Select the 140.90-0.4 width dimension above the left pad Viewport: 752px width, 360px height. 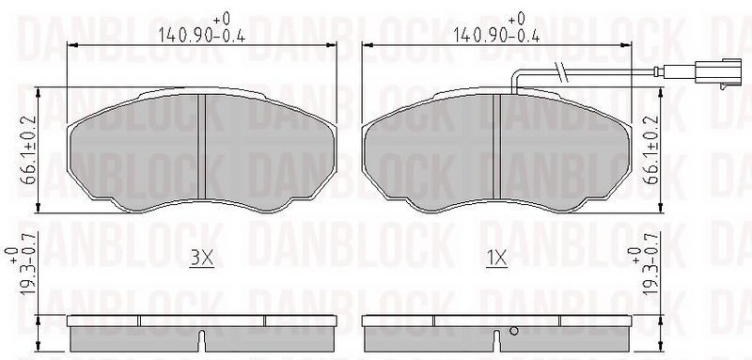tap(201, 35)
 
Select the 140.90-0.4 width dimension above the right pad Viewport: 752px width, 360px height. tap(496, 35)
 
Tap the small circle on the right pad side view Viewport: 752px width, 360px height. tap(514, 330)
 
